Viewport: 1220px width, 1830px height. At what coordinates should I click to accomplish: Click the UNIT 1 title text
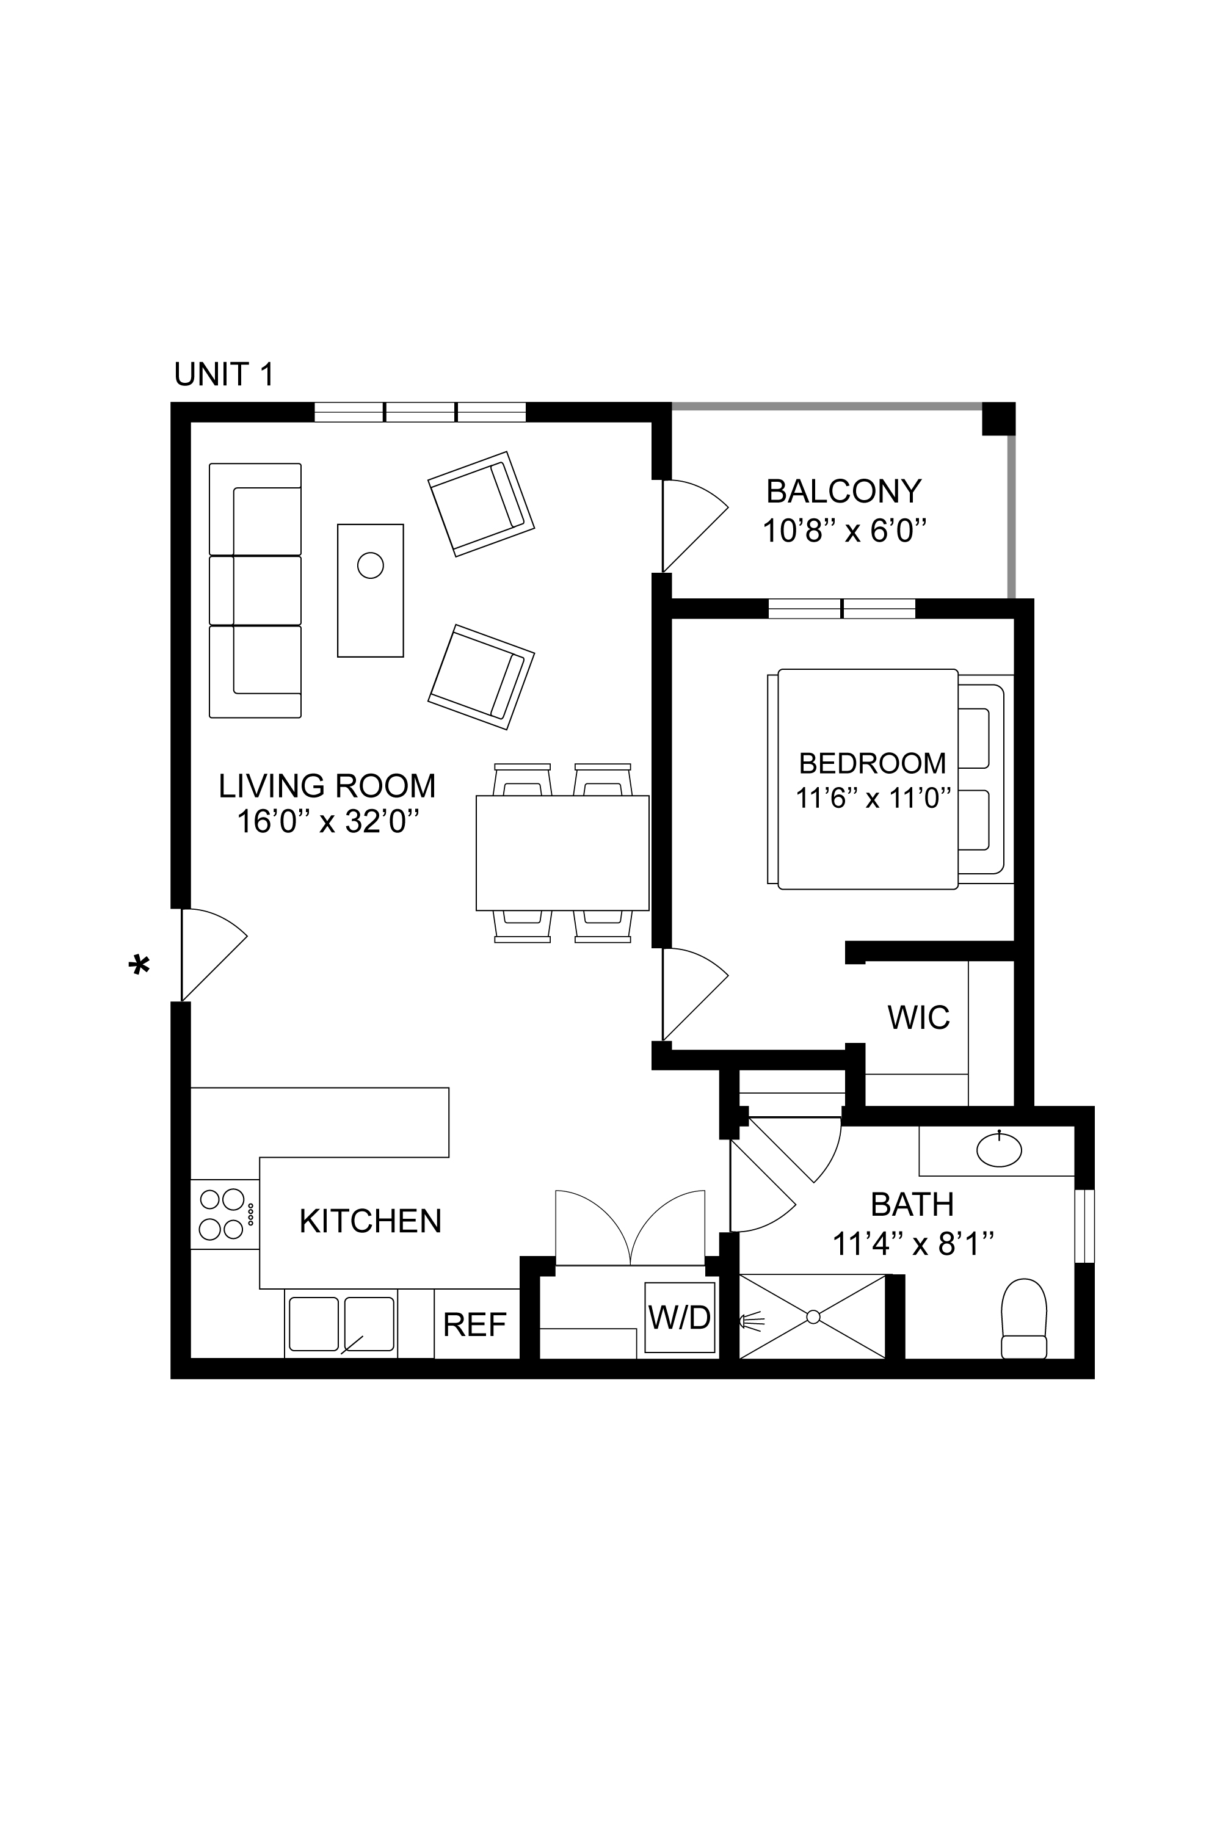pyautogui.click(x=224, y=375)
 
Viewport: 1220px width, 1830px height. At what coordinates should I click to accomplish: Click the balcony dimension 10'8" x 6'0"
pyautogui.click(x=844, y=531)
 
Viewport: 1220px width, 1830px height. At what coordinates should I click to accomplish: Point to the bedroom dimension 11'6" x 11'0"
pyautogui.click(x=873, y=798)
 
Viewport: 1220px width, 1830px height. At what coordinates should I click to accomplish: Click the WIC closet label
pyautogui.click(x=918, y=1018)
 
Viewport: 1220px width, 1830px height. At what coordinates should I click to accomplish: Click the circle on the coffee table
pyautogui.click(x=371, y=565)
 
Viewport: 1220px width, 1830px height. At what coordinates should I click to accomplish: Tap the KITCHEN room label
pyautogui.click(x=371, y=1222)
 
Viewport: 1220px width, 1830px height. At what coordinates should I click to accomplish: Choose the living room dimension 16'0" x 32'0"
pyautogui.click(x=327, y=822)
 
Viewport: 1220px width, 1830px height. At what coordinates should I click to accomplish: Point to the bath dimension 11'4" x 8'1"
pyautogui.click(x=913, y=1245)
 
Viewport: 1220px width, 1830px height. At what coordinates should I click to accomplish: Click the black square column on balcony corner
pyautogui.click(x=998, y=419)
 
